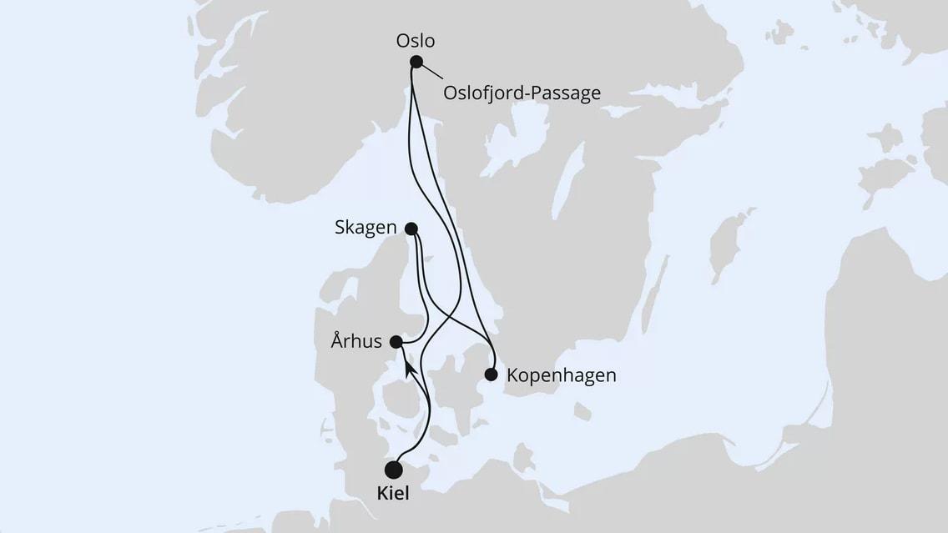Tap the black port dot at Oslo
pos(416,61)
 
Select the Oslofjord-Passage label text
pos(522,93)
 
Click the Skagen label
pos(366,228)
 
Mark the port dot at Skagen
pos(411,228)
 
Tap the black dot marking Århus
pos(396,341)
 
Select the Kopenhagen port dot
pos(492,375)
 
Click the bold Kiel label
pos(392,495)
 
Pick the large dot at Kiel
pos(393,470)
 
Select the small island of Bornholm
pos(583,411)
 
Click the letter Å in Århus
pos(336,340)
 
